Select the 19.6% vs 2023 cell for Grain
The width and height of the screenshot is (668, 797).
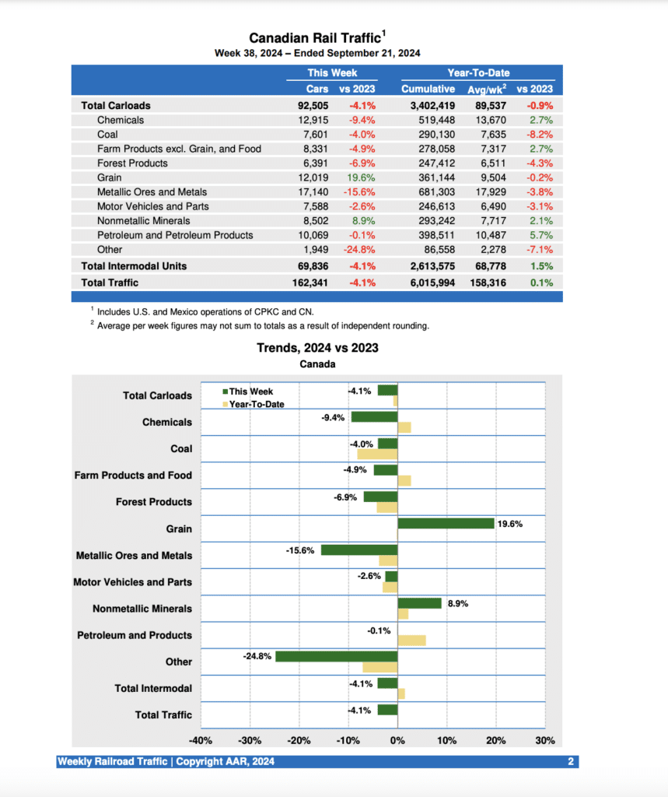coord(362,177)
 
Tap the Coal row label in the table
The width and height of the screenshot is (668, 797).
coord(107,134)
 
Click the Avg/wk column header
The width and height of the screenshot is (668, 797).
coord(487,89)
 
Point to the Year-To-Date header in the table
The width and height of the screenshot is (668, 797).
coord(478,73)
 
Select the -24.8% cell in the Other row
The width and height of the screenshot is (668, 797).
coord(358,249)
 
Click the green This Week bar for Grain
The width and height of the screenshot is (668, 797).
coord(446,524)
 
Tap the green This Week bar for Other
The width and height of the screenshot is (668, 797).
coord(336,656)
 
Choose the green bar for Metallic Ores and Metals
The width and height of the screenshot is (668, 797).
coord(359,549)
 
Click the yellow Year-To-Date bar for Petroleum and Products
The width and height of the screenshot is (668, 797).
coord(411,641)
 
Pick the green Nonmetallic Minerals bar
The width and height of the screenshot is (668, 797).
coord(419,603)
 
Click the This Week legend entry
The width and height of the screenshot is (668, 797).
coord(250,391)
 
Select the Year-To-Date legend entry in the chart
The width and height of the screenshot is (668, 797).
coord(255,404)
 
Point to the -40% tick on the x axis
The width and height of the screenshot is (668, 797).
coord(201,740)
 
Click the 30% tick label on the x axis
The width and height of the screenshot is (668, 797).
coord(544,740)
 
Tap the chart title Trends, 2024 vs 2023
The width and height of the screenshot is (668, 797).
coord(317,348)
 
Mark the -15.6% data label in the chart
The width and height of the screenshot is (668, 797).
coord(300,550)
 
